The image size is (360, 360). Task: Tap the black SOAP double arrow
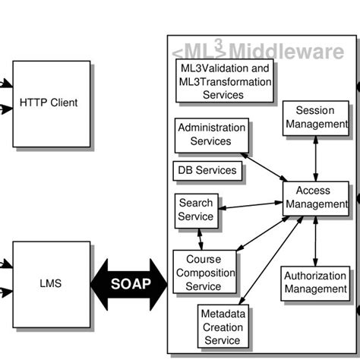tap(129, 284)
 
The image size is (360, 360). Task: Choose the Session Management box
tap(315, 118)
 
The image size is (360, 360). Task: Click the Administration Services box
tap(210, 135)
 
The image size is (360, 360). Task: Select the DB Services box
tap(207, 171)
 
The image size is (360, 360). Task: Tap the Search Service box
tap(195, 210)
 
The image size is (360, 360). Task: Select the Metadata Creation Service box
tap(223, 325)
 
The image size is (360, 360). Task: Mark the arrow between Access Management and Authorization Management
tap(315, 241)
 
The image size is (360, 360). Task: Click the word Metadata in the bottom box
tap(223, 313)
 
